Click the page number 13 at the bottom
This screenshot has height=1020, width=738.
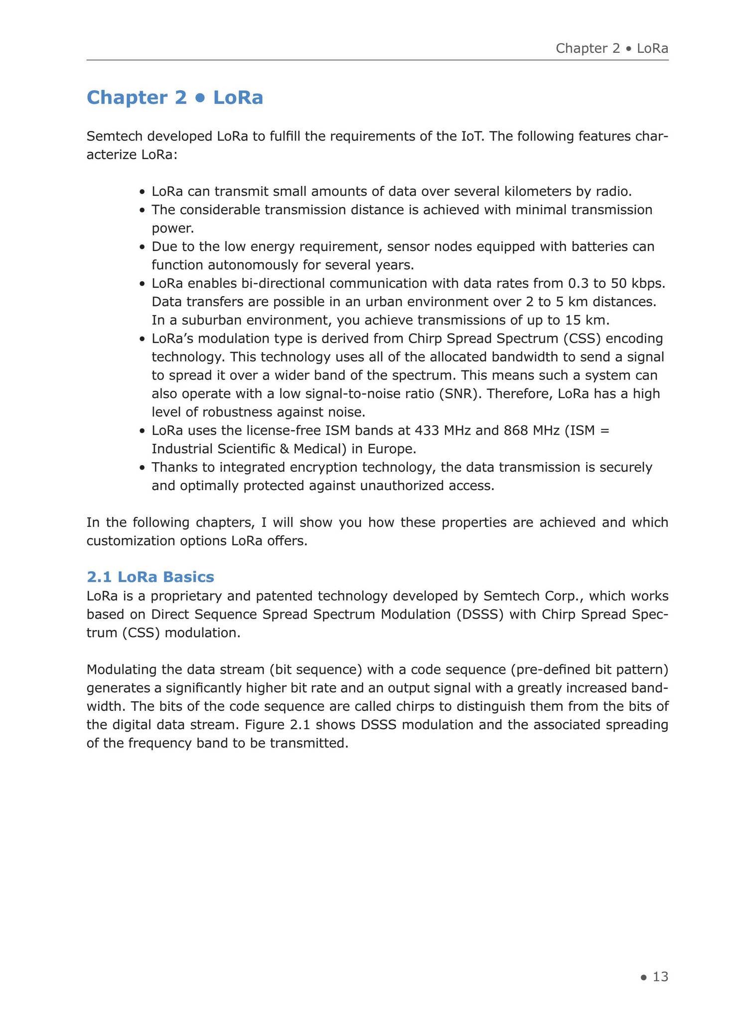660,977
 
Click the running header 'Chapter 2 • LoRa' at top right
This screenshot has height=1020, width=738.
611,48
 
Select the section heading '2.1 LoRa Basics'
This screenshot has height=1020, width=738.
150,577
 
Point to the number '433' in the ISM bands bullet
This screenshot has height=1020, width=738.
428,430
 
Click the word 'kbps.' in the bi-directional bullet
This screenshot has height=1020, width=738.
648,283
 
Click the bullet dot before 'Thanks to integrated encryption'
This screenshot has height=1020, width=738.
143,468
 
